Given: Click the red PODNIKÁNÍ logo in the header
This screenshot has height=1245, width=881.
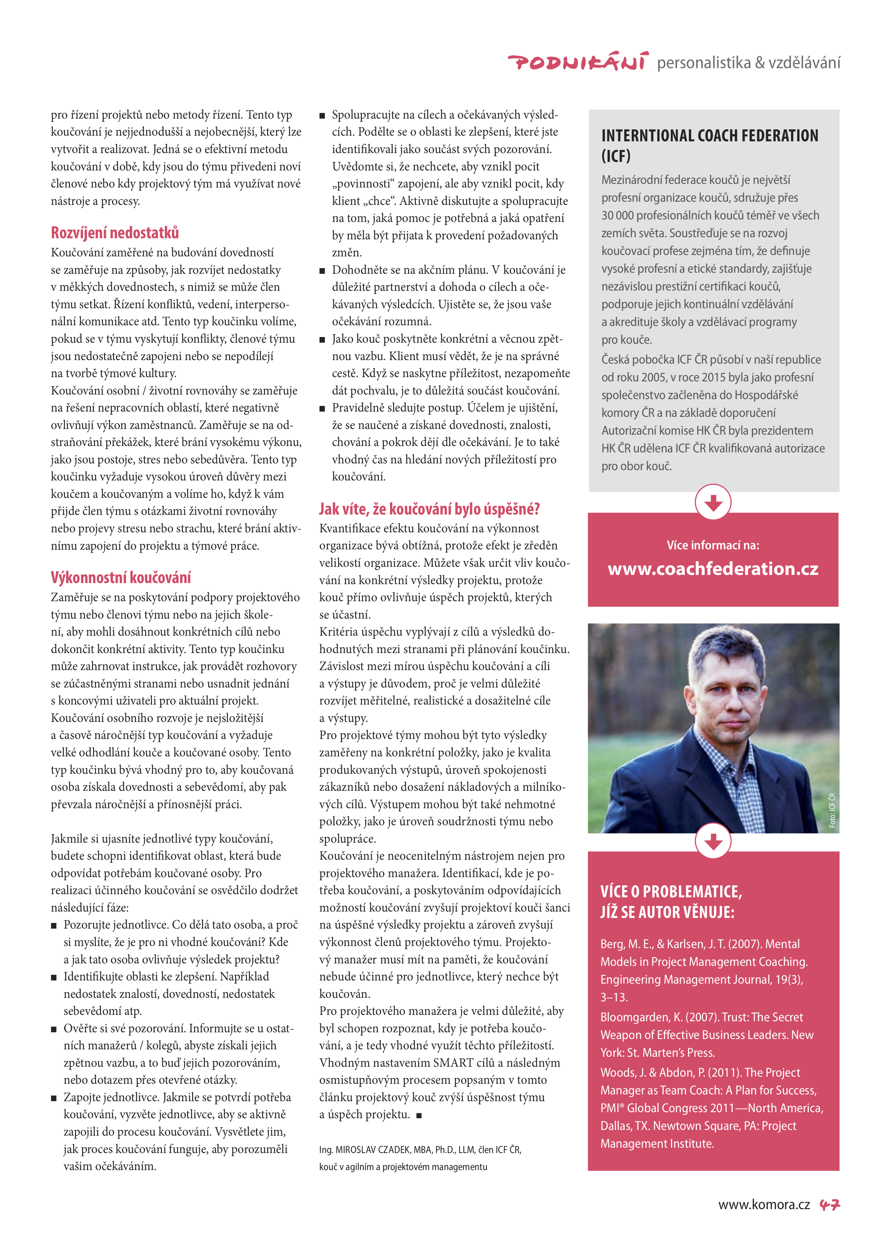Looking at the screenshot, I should coord(577,62).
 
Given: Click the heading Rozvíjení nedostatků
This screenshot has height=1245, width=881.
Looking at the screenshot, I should coord(114,233).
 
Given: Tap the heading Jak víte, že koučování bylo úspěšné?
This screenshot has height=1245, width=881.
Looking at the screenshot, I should coord(429,509).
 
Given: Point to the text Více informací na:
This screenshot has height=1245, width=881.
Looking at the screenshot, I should coord(713,545).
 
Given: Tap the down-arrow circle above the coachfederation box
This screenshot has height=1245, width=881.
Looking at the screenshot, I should coord(713,502).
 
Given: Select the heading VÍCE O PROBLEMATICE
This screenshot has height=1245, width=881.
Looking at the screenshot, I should coord(671,891).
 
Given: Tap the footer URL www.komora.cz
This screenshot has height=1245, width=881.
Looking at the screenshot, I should coord(764,1205).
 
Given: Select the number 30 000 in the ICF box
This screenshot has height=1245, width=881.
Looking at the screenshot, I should coord(618,215).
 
